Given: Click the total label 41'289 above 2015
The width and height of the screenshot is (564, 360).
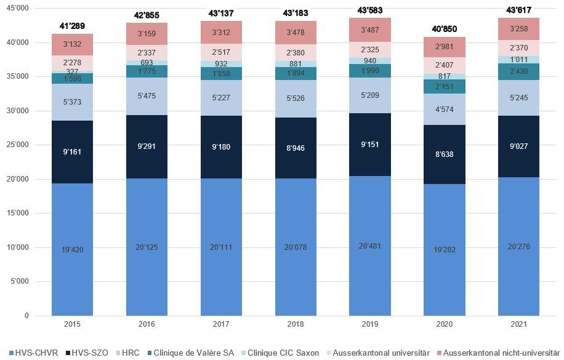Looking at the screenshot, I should [x=72, y=26].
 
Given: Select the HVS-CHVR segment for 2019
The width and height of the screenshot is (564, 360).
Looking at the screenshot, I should [x=369, y=246].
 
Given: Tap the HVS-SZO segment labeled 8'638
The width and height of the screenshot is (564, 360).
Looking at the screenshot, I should [x=444, y=154].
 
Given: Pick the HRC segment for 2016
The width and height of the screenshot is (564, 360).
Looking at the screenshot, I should [x=147, y=96].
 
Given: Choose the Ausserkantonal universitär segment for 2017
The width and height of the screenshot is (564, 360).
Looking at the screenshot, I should [x=221, y=52].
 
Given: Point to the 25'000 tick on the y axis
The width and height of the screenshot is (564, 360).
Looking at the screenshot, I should [x=17, y=145].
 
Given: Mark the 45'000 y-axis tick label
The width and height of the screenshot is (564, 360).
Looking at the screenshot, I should [x=17, y=9].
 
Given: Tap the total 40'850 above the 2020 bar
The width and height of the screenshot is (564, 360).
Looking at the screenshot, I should [x=444, y=29].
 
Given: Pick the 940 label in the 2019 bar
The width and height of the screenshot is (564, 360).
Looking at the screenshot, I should [x=369, y=60].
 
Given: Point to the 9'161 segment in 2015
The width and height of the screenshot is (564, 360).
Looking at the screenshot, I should [x=72, y=151].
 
